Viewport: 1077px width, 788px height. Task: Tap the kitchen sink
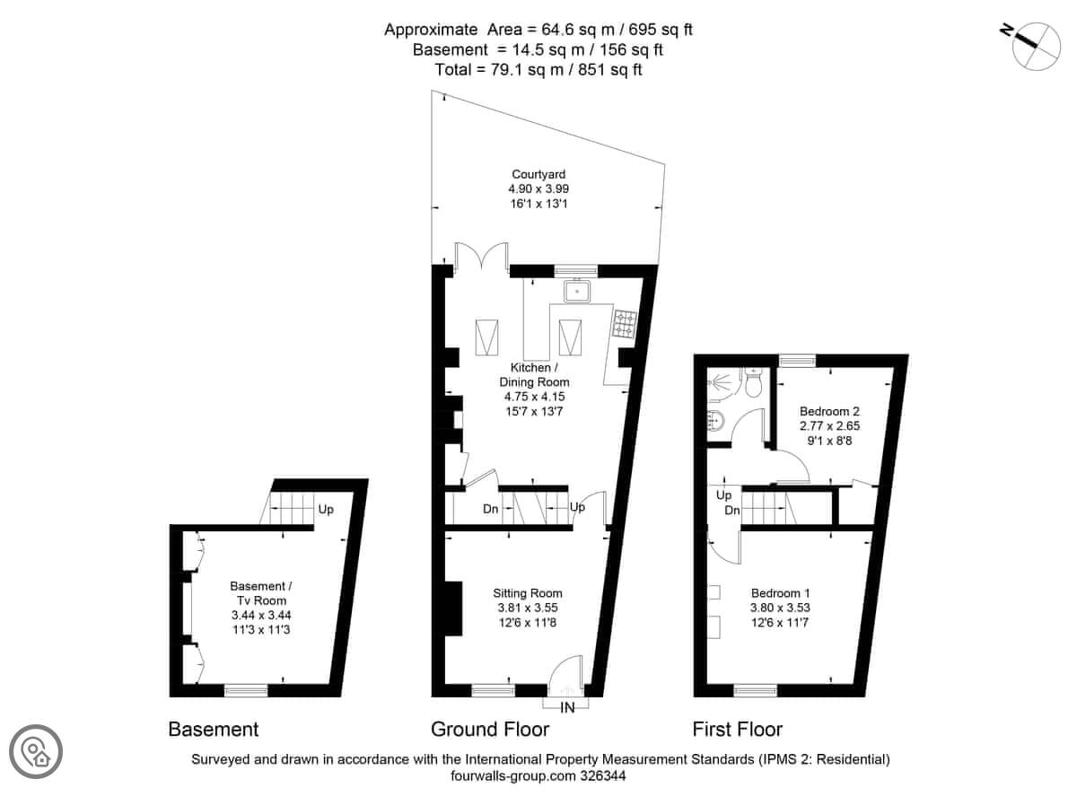click(577, 292)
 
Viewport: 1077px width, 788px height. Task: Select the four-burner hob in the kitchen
click(625, 325)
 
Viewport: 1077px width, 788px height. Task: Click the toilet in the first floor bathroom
click(753, 383)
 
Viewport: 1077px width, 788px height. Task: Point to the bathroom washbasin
click(716, 422)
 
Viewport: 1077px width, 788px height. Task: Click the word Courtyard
click(538, 174)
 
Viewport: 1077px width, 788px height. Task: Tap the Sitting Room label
click(528, 593)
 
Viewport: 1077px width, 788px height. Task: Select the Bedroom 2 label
click(830, 411)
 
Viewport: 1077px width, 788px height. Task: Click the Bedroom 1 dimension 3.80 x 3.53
click(780, 608)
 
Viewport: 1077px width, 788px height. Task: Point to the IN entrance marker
click(567, 708)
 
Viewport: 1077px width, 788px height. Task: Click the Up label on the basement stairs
click(326, 509)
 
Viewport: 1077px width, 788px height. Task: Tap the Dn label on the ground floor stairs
click(490, 509)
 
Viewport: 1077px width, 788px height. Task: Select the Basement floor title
click(214, 730)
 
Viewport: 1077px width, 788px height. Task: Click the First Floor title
click(737, 730)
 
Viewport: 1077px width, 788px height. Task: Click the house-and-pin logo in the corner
click(36, 751)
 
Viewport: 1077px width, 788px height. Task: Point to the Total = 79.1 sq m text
click(499, 70)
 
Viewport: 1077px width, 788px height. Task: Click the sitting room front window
click(493, 691)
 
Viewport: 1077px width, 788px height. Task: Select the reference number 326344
click(603, 775)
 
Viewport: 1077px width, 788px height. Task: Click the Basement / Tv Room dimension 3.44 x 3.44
click(261, 615)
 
